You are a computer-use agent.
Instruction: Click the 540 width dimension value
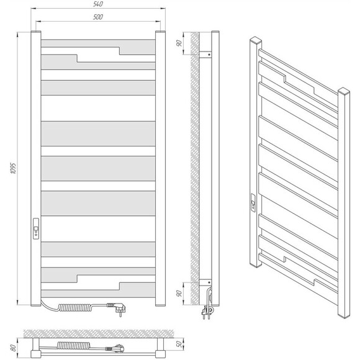(98, 4)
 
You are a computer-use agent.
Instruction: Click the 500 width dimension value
(98, 17)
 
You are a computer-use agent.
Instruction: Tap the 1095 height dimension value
(14, 168)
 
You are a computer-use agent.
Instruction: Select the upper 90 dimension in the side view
(179, 43)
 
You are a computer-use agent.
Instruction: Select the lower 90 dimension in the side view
(179, 293)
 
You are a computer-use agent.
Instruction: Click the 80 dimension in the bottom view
(14, 348)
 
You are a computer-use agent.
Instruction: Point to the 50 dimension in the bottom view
(179, 344)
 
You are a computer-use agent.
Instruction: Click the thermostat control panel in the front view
(36, 228)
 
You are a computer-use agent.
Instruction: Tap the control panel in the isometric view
(253, 202)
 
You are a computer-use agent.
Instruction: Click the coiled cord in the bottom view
(73, 345)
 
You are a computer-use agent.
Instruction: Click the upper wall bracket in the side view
(205, 55)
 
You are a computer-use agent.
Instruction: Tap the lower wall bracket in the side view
(205, 282)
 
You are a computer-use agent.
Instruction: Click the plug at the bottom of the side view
(208, 312)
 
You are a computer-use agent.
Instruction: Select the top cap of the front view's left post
(36, 32)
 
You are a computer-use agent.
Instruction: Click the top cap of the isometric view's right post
(344, 91)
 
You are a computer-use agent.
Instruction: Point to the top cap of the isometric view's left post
(256, 40)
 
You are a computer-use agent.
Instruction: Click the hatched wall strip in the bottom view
(99, 333)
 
